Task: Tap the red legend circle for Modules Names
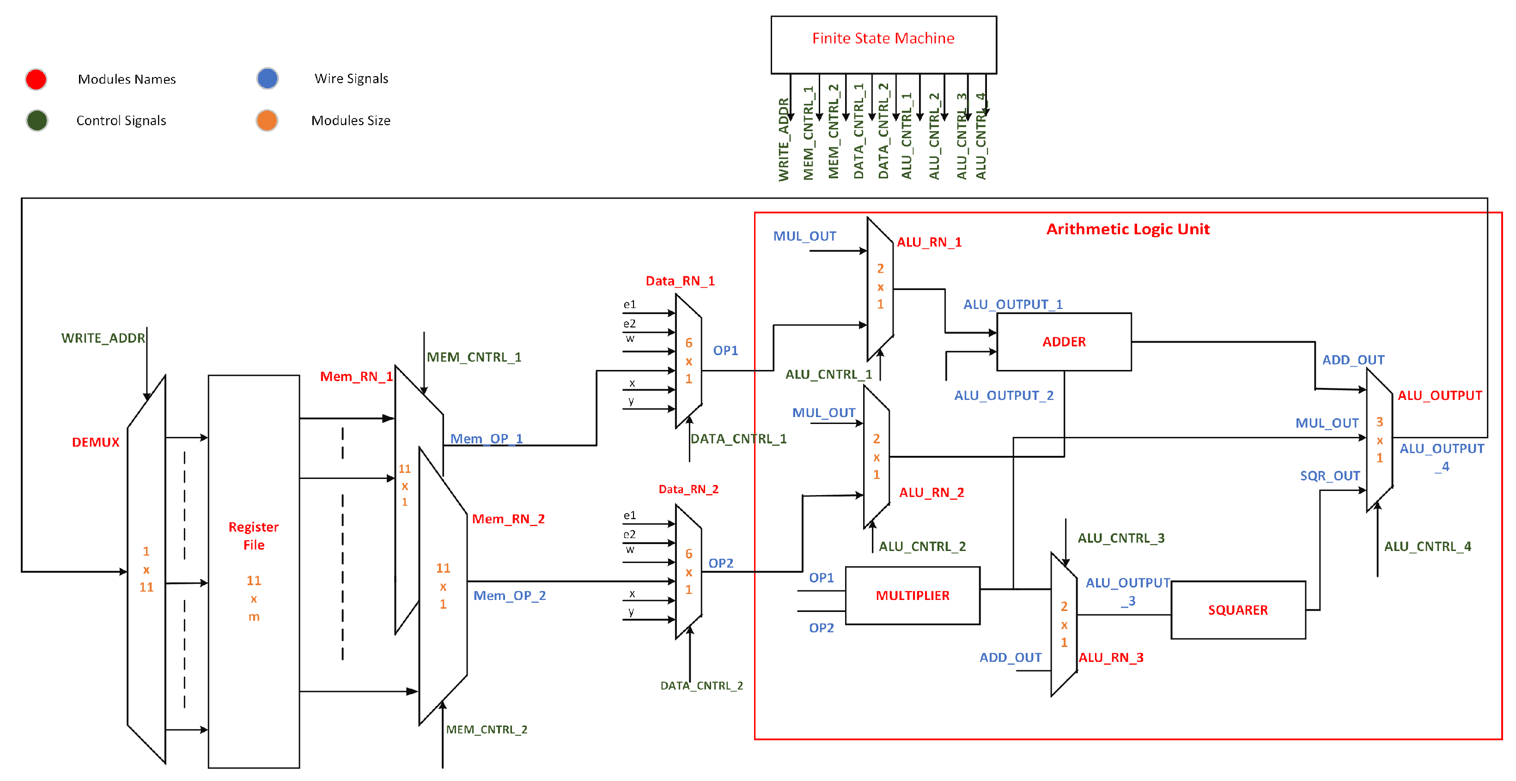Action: pos(36,79)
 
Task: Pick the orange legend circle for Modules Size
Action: pos(267,121)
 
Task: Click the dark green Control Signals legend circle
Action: pos(37,121)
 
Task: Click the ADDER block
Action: pos(1064,342)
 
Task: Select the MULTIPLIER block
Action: pos(912,595)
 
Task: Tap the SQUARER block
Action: pos(1238,610)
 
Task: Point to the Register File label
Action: pos(254,535)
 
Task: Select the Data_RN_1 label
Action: pos(680,281)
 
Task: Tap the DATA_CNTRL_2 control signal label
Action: pos(701,686)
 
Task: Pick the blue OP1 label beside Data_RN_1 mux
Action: pos(725,351)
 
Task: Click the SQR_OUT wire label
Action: pos(1329,476)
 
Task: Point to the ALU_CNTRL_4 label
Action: pos(1427,546)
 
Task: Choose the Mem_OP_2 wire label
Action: pos(510,596)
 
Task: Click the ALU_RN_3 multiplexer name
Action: pos(1110,658)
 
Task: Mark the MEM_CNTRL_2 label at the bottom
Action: pos(486,730)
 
